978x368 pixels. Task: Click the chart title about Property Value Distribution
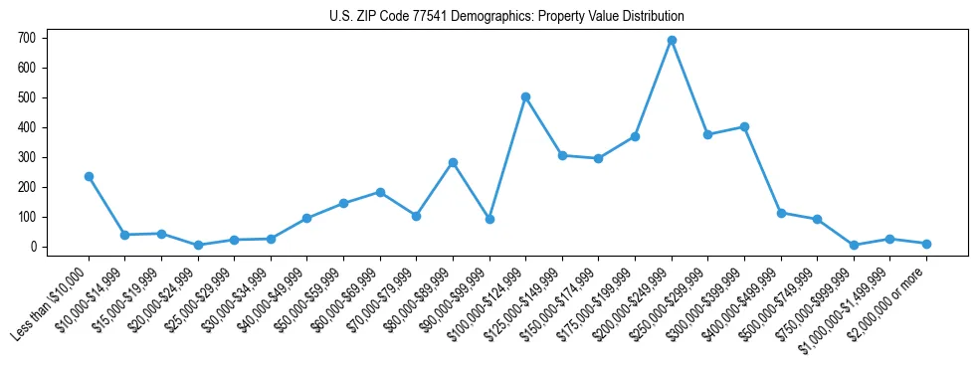tap(507, 17)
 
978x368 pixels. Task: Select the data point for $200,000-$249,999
tap(672, 41)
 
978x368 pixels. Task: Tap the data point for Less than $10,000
tap(89, 176)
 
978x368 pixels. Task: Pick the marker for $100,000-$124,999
tap(525, 96)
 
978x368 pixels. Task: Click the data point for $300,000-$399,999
tap(744, 126)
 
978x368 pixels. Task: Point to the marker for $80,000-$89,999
tap(453, 162)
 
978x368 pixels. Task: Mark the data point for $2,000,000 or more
tap(926, 244)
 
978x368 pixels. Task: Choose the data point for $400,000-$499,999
tap(781, 213)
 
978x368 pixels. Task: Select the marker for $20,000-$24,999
tap(198, 245)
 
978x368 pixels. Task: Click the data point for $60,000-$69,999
tap(380, 192)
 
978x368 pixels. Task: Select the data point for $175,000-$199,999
tap(635, 136)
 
